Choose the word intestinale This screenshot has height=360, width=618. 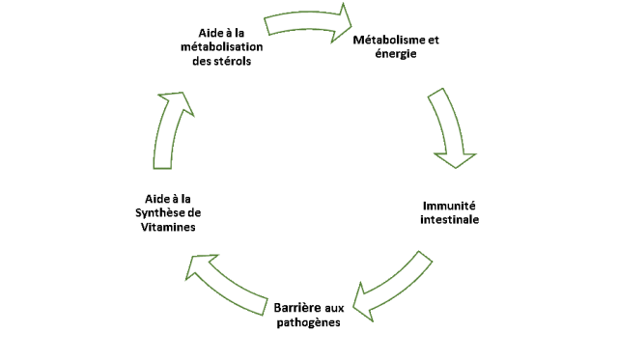click(450, 220)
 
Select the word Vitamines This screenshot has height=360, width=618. click(170, 227)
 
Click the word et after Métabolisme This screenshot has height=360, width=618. click(434, 40)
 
